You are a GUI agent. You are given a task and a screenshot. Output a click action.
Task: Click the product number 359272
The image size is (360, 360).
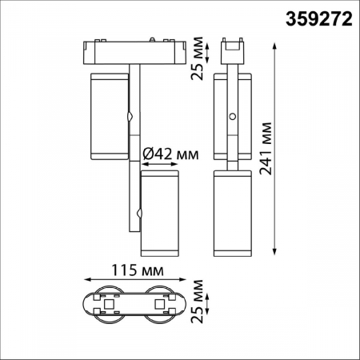tap(318, 18)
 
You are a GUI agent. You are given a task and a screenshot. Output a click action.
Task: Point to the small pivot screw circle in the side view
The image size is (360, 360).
tap(233, 117)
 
